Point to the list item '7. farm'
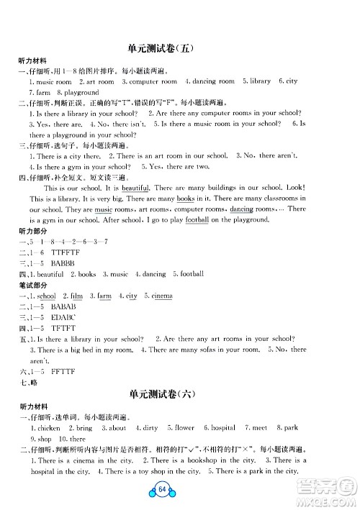tap(40, 92)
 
